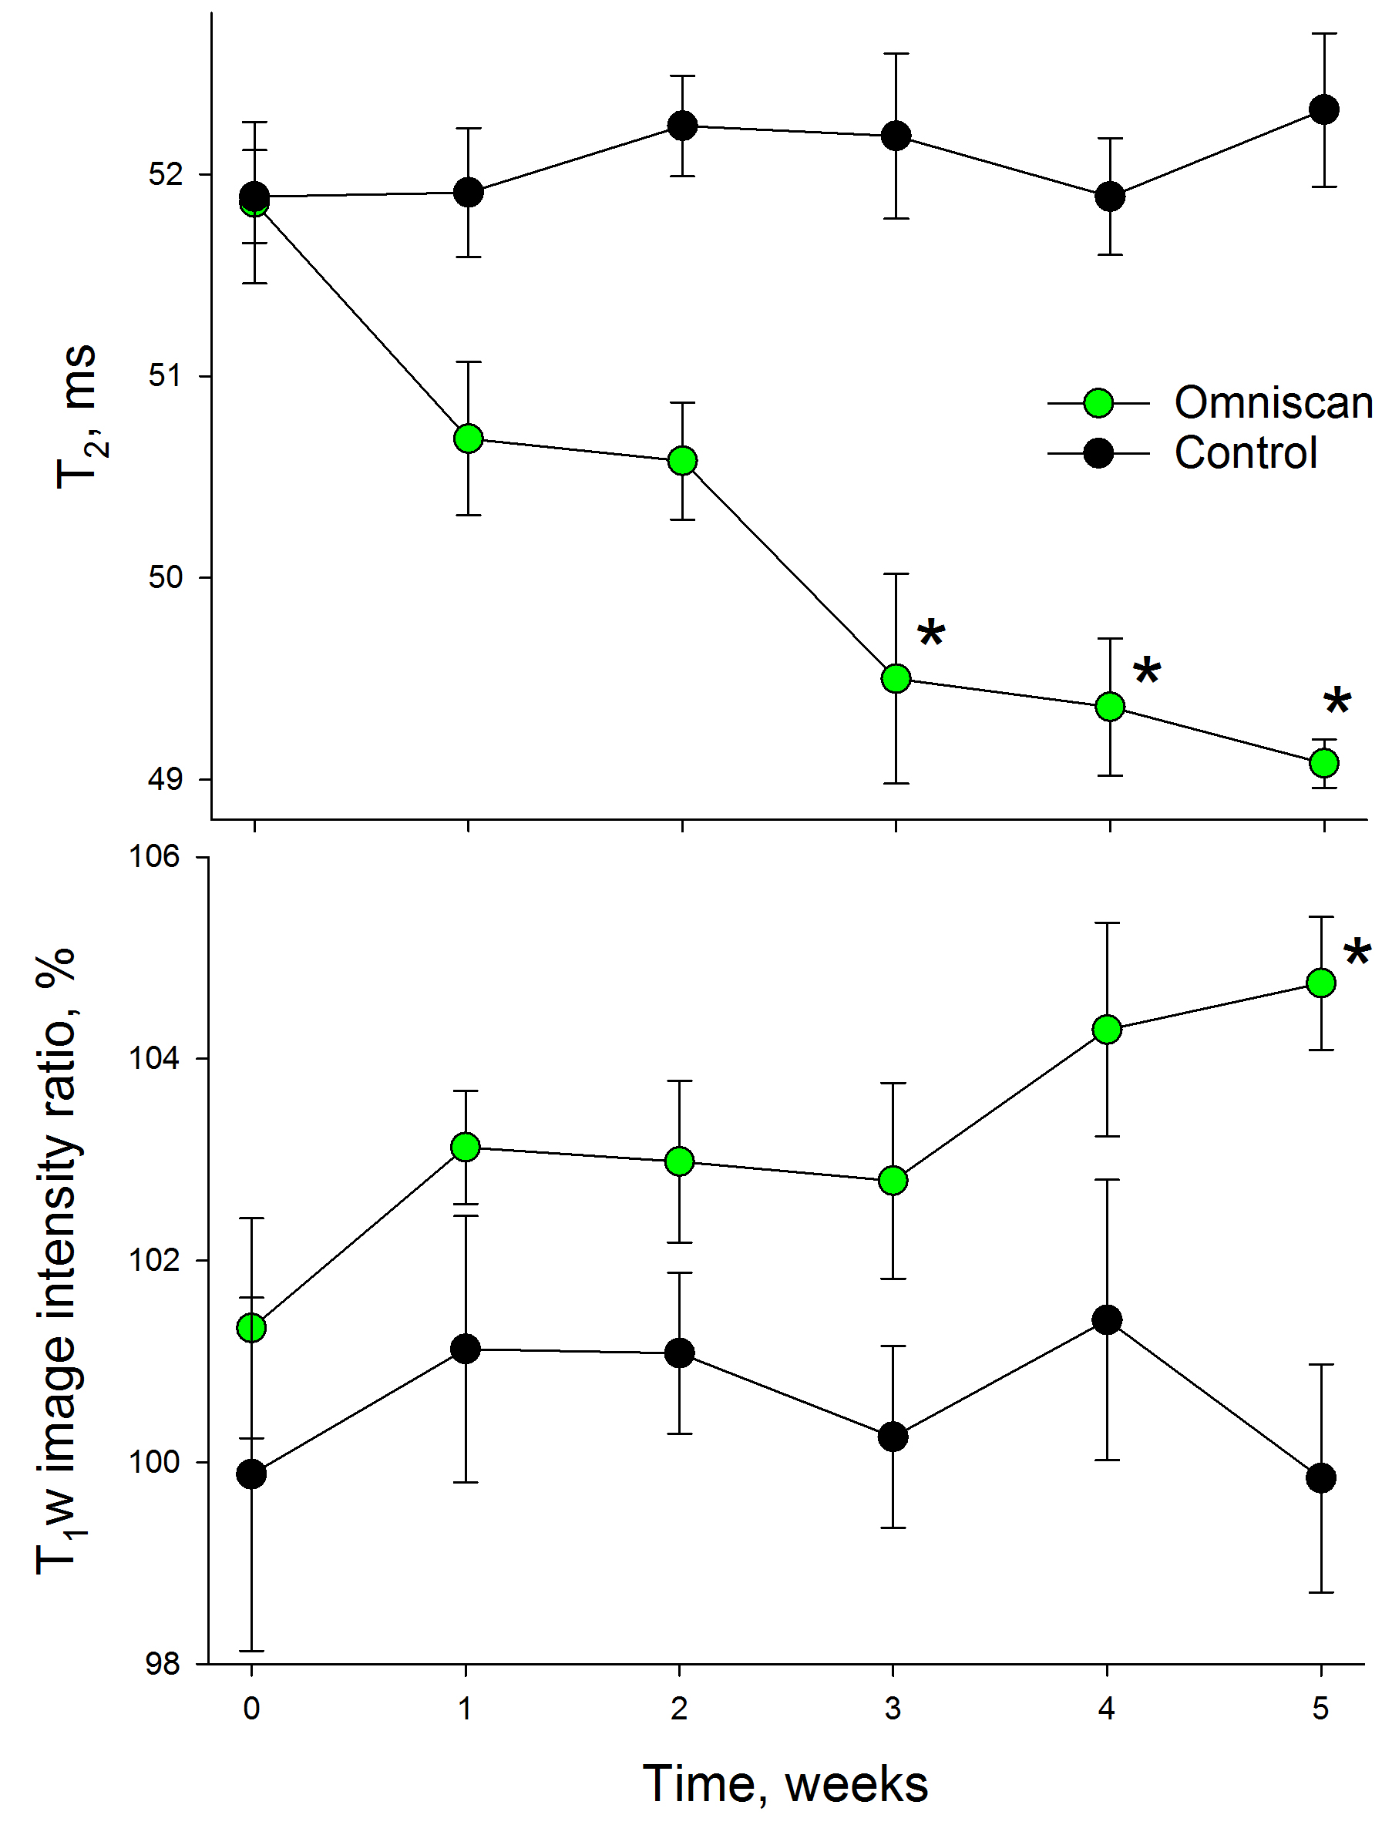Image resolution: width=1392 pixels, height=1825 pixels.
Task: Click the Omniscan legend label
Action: [x=1273, y=403]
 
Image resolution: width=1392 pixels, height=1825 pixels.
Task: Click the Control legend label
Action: [x=1246, y=453]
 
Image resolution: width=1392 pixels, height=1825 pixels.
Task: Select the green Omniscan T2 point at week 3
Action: [x=896, y=678]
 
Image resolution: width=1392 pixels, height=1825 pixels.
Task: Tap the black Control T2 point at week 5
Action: [x=1324, y=109]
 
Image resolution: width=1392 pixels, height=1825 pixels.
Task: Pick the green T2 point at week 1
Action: [x=469, y=439]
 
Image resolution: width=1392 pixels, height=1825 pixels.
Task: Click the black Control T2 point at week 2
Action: [x=682, y=126]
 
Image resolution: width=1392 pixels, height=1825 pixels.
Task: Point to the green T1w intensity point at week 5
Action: [x=1321, y=983]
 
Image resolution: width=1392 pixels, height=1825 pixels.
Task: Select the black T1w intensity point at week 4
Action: [x=1107, y=1319]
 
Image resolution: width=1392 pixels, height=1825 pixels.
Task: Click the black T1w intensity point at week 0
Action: [x=252, y=1474]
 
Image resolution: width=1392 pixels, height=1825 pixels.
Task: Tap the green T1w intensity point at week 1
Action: [x=466, y=1148]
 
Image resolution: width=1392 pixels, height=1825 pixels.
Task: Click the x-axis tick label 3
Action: [x=893, y=1708]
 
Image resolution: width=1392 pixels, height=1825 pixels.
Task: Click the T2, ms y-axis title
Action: [x=79, y=417]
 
